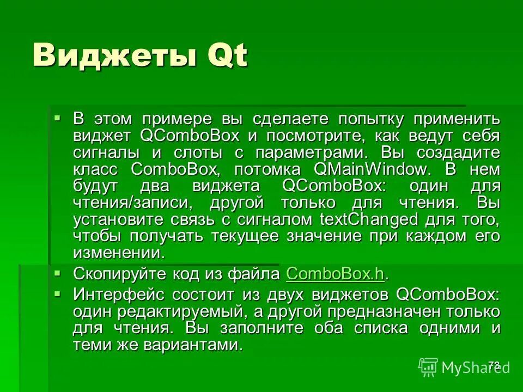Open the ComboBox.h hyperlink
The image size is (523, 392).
[x=335, y=273]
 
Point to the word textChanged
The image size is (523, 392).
[x=369, y=219]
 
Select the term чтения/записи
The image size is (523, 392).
[x=126, y=203]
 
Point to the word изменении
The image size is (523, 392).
[x=118, y=253]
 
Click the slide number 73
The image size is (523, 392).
[x=494, y=366]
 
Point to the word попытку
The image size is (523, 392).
[x=371, y=118]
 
